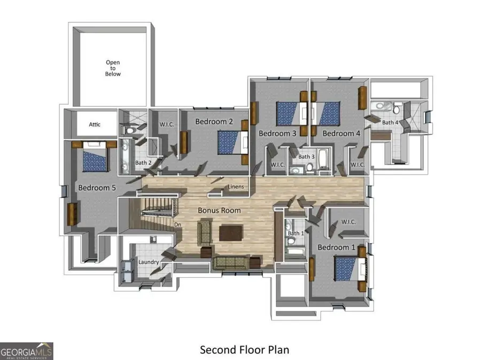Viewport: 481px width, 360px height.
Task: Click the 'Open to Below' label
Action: pos(113,68)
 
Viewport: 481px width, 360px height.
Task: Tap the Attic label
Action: pos(95,124)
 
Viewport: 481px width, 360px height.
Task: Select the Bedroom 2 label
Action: pos(214,122)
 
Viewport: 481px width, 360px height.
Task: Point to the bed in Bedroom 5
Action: pos(95,156)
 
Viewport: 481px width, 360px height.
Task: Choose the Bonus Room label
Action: pos(219,210)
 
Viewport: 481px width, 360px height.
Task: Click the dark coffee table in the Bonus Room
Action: pos(231,233)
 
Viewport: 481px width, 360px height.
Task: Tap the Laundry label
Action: pos(149,262)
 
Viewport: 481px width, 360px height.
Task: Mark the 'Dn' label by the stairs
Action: pos(177,224)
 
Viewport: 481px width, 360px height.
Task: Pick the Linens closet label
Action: pos(236,186)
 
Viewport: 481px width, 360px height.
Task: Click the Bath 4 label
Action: pos(390,122)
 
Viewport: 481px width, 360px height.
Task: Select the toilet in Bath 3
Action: pos(309,167)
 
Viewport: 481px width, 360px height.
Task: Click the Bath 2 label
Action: pos(143,163)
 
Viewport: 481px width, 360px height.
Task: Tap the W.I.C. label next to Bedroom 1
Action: pos(348,222)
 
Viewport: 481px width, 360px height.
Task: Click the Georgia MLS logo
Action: pos(26,351)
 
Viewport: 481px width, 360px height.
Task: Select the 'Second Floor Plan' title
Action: pos(244,350)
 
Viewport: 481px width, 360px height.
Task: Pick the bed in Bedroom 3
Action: pos(292,114)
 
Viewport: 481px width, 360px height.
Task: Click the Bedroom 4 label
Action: pos(341,134)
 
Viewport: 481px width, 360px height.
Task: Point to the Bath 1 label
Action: pos(296,233)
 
